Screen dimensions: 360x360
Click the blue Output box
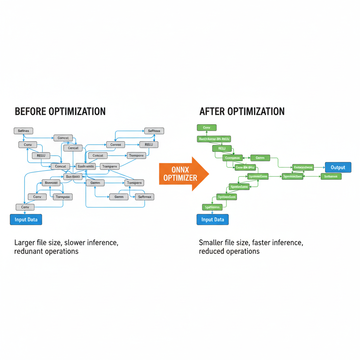(x=338, y=167)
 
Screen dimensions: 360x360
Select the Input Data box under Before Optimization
(x=26, y=220)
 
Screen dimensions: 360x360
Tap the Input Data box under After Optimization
(x=213, y=220)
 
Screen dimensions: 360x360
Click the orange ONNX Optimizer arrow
(x=183, y=174)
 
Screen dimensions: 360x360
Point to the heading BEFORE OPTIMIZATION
(x=60, y=111)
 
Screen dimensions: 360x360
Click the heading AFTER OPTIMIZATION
(x=242, y=111)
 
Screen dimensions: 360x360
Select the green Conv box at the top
(x=207, y=128)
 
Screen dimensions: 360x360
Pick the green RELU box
(x=222, y=148)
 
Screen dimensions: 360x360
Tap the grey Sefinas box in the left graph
(x=23, y=131)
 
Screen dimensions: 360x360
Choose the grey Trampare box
(x=110, y=166)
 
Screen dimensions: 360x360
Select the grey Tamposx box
(x=63, y=197)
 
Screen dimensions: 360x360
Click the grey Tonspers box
(x=134, y=183)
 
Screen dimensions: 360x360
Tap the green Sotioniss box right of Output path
(x=331, y=176)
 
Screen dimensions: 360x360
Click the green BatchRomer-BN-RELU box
(x=214, y=139)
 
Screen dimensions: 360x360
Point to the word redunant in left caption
(x=30, y=251)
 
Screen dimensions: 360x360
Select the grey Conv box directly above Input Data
(x=25, y=207)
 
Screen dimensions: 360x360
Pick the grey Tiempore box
(x=136, y=155)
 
